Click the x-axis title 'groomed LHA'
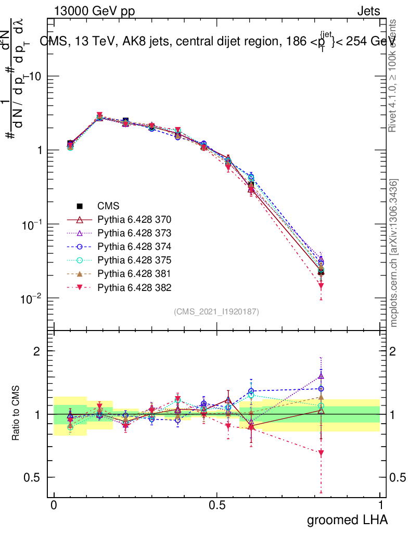point(348,519)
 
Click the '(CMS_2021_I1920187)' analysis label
point(216,311)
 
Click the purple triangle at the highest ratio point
point(321,376)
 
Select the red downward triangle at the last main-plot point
point(321,286)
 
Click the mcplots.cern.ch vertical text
point(394,253)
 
